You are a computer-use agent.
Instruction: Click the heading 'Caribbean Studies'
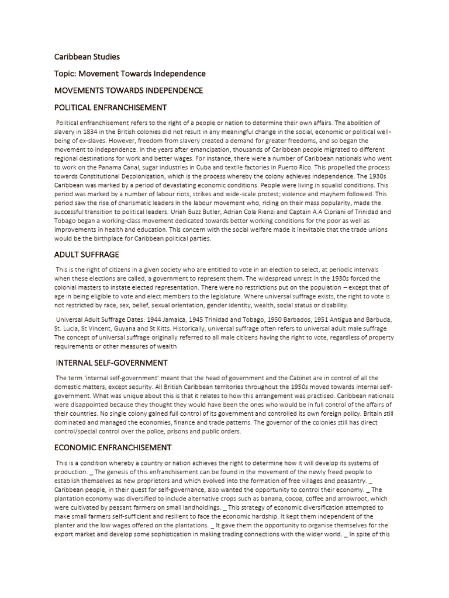coord(87,57)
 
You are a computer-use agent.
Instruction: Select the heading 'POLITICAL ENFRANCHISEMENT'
coord(110,107)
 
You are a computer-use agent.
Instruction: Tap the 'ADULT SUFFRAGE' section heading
coord(87,255)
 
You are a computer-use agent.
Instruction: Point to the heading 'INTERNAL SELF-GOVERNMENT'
coord(112,363)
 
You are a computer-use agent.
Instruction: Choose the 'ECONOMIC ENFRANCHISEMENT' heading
coord(113,447)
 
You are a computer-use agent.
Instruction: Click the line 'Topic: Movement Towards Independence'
coord(130,74)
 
